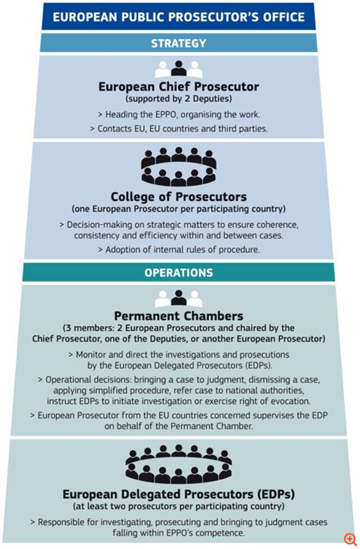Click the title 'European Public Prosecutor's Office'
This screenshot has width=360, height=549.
click(x=178, y=17)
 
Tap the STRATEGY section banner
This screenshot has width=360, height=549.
click(x=178, y=43)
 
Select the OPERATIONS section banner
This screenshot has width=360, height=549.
click(x=178, y=273)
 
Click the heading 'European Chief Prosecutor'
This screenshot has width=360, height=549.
click(x=178, y=87)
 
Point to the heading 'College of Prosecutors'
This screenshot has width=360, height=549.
click(x=178, y=197)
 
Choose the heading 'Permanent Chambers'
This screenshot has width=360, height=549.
click(x=178, y=316)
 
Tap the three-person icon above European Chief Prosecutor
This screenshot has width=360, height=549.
click(x=178, y=69)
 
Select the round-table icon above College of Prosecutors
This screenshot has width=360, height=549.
click(x=178, y=167)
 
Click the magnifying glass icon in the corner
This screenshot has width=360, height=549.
click(x=350, y=539)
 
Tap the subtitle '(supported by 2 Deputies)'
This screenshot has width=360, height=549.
click(x=178, y=99)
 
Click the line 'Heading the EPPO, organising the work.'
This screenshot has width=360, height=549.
click(x=178, y=115)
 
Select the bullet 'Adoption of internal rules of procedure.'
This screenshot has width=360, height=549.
click(x=178, y=250)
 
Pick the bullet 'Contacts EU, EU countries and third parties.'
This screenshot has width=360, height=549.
click(x=178, y=129)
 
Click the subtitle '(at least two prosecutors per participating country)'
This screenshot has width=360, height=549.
click(x=178, y=506)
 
